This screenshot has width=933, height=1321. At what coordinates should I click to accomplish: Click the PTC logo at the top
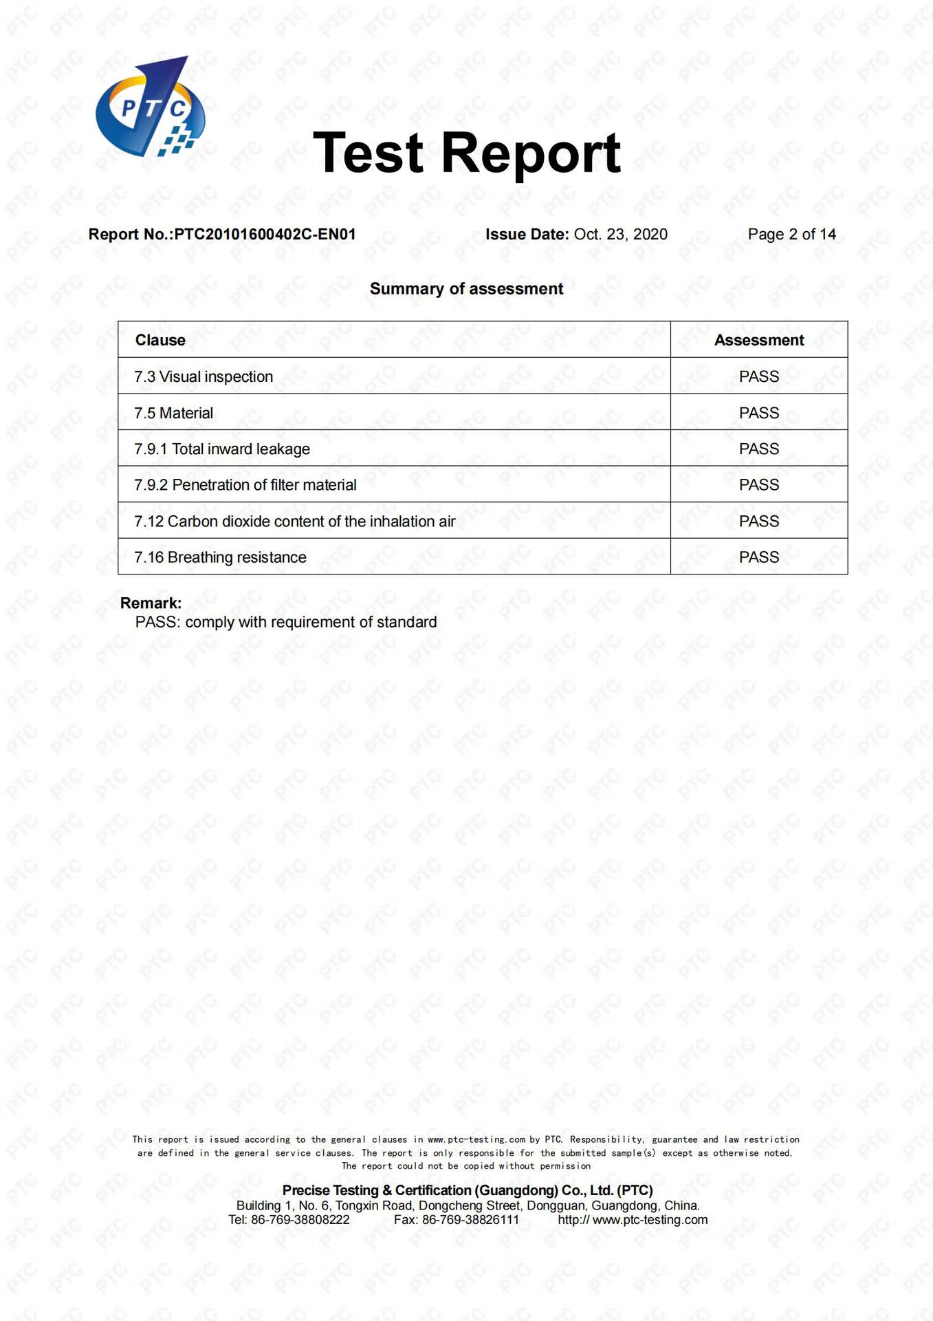point(149,107)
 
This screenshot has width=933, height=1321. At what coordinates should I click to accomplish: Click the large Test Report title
point(466,153)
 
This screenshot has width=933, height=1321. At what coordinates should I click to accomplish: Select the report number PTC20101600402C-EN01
point(265,235)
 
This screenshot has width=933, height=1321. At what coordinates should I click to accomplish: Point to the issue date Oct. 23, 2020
point(620,235)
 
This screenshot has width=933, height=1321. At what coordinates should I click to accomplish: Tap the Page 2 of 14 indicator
point(791,235)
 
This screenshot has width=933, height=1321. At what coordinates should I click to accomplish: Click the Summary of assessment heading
point(466,289)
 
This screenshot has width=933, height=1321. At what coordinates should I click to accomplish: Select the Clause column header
point(160,341)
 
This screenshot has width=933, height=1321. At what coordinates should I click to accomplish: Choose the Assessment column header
point(758,341)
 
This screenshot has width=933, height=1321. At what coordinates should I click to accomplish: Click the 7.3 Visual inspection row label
point(204,377)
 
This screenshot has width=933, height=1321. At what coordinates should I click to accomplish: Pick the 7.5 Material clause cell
point(173,414)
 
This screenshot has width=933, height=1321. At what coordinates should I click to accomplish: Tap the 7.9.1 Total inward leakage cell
point(222,449)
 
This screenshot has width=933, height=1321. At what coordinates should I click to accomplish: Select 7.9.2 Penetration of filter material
point(245,485)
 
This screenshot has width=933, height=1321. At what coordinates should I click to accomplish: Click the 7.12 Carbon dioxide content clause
point(295,522)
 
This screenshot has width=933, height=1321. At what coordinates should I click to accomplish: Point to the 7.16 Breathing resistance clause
point(220,557)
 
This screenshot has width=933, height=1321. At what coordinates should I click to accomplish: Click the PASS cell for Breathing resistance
point(758,557)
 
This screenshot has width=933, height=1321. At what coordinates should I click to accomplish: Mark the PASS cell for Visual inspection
point(758,377)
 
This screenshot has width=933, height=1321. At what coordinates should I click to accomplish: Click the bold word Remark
point(151,603)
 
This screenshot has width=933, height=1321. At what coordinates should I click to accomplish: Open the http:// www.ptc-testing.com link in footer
point(633,1220)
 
